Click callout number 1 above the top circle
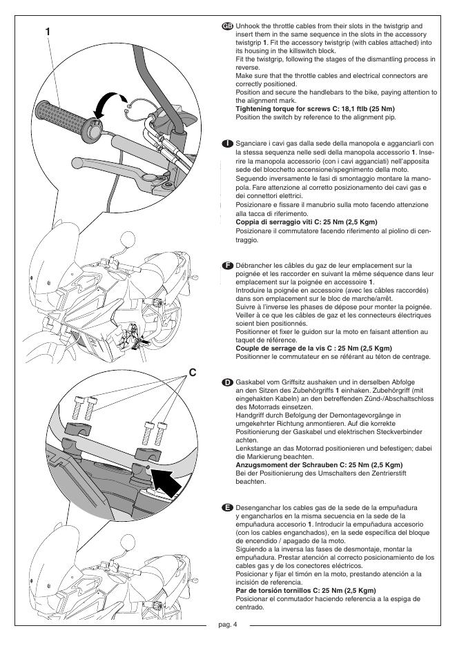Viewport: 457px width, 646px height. [48, 31]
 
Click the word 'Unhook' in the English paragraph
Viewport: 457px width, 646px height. [247, 26]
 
